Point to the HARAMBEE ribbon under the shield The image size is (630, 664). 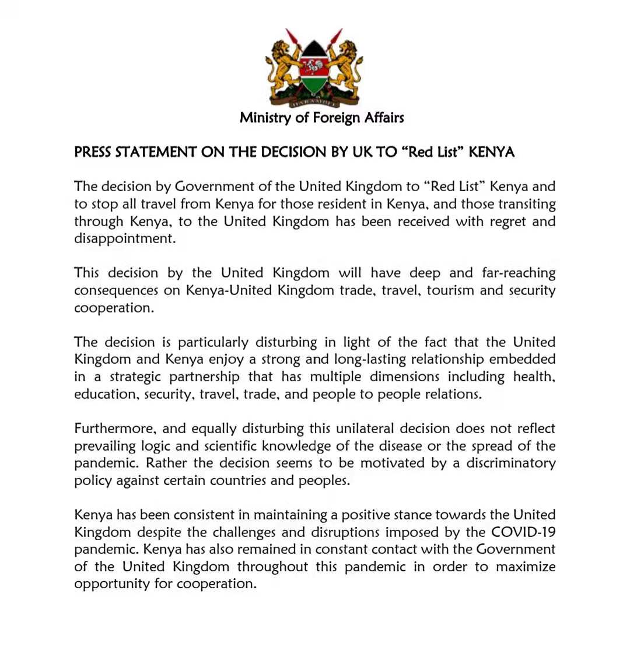315,103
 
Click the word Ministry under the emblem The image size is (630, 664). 265,118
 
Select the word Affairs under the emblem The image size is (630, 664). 384,118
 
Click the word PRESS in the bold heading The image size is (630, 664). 93,153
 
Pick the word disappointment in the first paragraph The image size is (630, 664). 124,239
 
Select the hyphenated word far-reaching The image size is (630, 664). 519,273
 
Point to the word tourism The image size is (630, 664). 450,290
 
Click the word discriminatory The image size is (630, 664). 510,463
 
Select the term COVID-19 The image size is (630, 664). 523,532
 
